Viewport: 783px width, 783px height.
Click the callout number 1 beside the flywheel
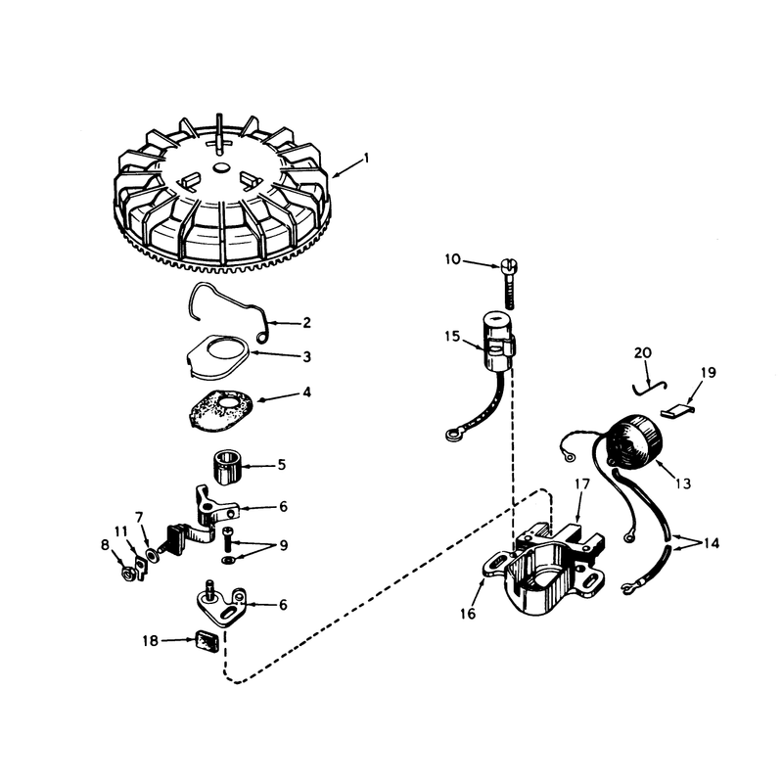366,159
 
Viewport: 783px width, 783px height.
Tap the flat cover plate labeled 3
218,354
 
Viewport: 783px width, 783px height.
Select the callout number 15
452,337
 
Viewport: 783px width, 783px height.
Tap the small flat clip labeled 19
677,411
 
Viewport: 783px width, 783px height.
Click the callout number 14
712,543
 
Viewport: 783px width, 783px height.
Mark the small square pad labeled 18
207,640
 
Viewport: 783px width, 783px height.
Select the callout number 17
582,484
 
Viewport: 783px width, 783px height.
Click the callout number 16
468,614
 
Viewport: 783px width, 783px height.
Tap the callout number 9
283,545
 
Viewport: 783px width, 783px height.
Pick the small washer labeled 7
151,554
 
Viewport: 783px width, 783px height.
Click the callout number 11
120,531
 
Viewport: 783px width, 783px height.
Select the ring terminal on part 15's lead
453,435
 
